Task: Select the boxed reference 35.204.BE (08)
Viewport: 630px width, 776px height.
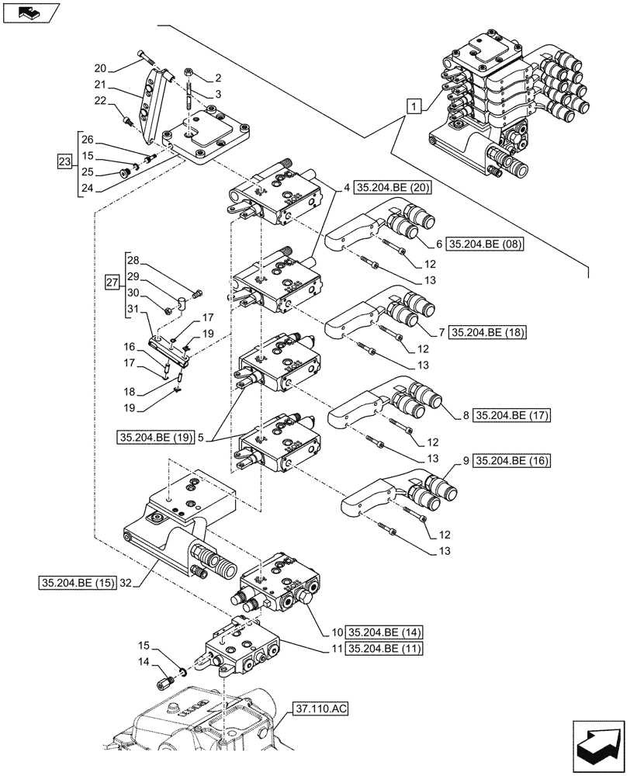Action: pyautogui.click(x=486, y=244)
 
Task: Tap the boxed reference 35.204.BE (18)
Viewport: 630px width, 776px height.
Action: pyautogui.click(x=486, y=332)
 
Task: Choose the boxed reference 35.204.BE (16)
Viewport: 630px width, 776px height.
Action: pyautogui.click(x=509, y=460)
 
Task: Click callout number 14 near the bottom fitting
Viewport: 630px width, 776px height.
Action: pyautogui.click(x=144, y=661)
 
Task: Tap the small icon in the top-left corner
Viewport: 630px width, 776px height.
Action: pyautogui.click(x=31, y=12)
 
